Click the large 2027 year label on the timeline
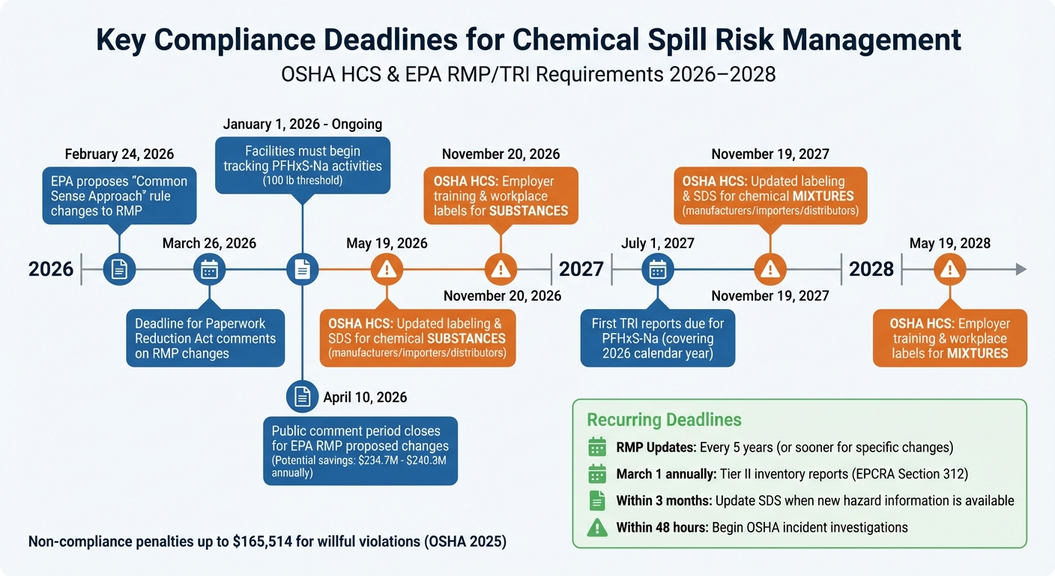(581, 268)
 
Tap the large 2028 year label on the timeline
(871, 268)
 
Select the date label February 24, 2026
(119, 154)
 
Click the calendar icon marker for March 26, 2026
(209, 269)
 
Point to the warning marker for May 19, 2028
(949, 269)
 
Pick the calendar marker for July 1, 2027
(657, 269)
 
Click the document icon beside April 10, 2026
(302, 397)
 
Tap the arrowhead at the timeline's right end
(1021, 269)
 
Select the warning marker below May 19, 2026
(387, 269)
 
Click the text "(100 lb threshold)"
(302, 181)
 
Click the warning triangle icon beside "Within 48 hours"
(597, 527)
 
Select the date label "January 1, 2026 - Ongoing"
(303, 124)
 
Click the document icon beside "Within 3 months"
(597, 500)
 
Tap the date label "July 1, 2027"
(657, 243)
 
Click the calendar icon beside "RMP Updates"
(597, 448)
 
